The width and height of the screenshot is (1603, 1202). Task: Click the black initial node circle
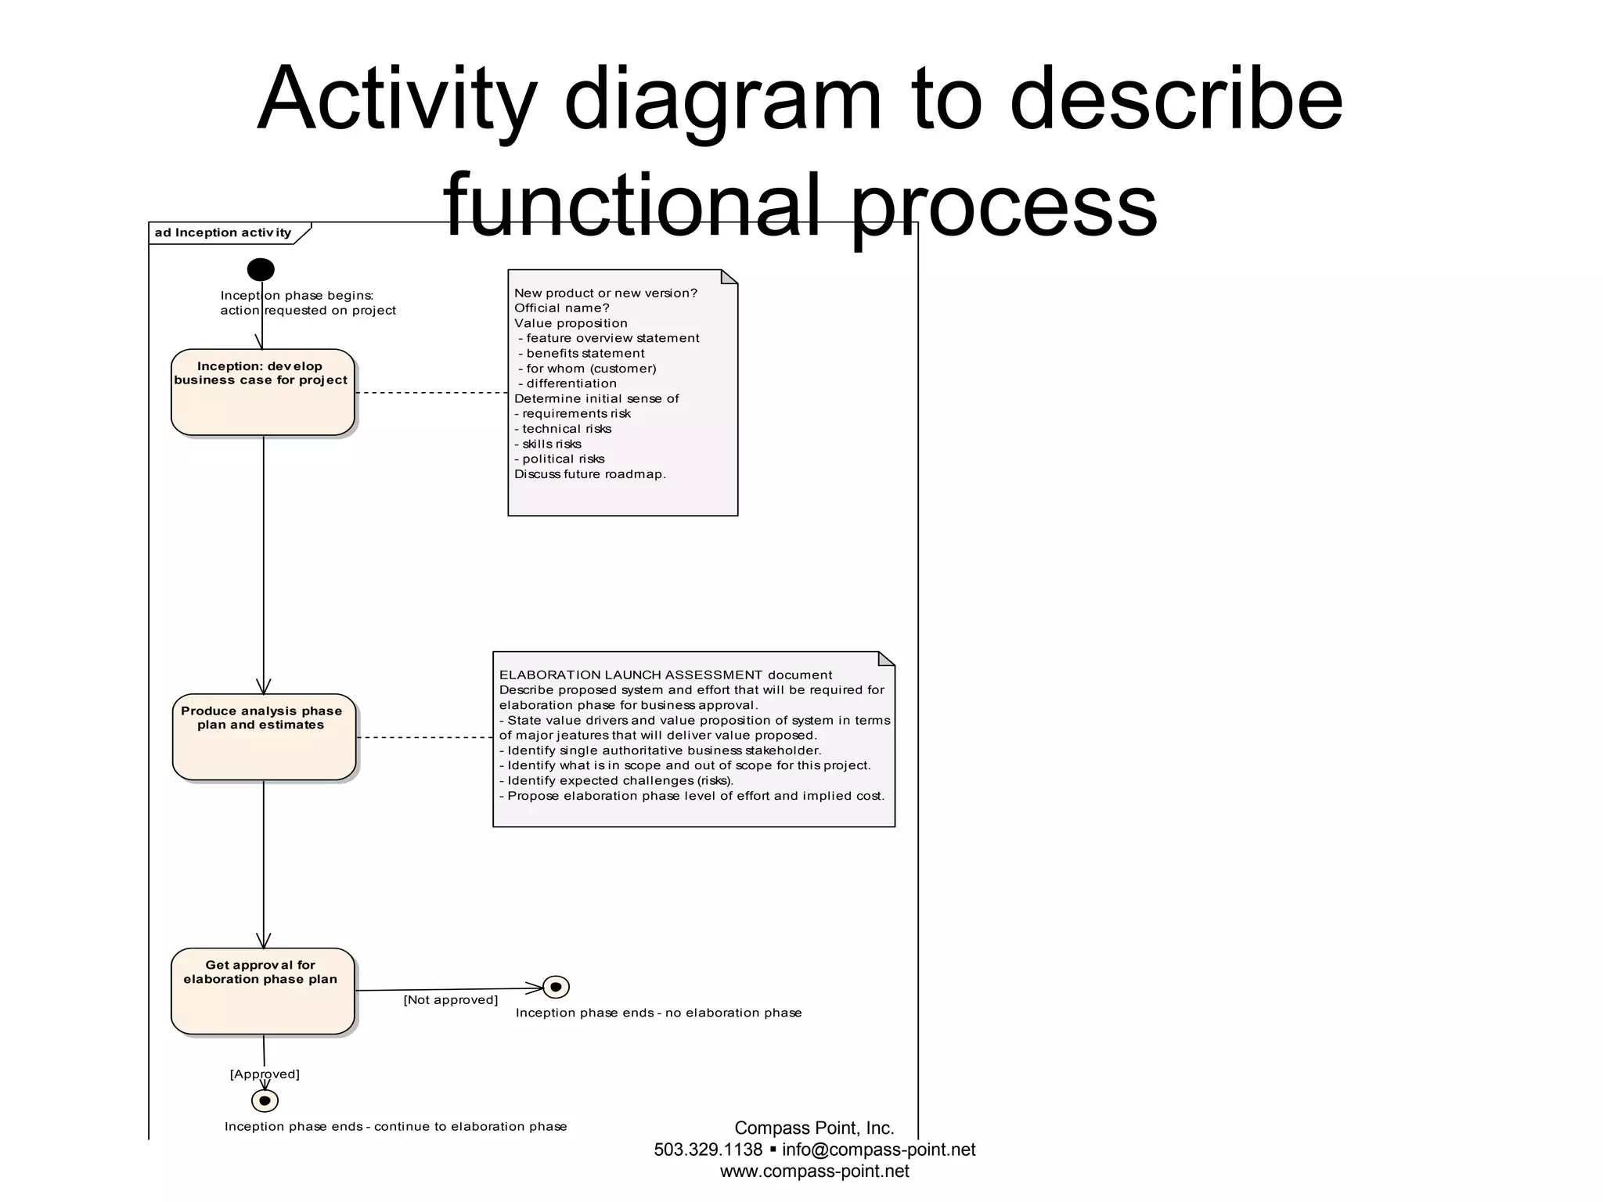tap(261, 270)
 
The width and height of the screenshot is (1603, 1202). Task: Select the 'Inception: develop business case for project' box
tap(262, 392)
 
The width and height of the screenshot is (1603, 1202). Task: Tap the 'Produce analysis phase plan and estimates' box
tap(264, 737)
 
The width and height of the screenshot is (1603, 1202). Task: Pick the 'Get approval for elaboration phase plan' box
tap(262, 991)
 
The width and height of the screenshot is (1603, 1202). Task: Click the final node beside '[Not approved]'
tap(556, 988)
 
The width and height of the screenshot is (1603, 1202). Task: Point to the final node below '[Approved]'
tap(265, 1101)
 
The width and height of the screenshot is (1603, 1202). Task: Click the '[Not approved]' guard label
tap(450, 1000)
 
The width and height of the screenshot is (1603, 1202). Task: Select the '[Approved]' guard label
tap(265, 1074)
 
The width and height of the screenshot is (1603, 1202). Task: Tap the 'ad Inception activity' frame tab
tap(223, 233)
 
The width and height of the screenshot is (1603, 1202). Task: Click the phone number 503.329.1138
tap(708, 1150)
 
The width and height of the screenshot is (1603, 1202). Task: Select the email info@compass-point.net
tap(878, 1150)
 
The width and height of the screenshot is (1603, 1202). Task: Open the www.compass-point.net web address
tap(814, 1171)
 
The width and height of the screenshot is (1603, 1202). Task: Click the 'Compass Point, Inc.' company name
tap(814, 1128)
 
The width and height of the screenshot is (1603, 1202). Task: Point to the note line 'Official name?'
tap(561, 308)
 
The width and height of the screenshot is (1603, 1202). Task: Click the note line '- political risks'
tap(560, 459)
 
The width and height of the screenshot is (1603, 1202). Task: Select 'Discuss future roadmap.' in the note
tap(589, 474)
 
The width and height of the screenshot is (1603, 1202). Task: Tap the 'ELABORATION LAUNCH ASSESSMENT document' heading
tap(665, 675)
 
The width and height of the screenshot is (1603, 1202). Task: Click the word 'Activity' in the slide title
tap(396, 100)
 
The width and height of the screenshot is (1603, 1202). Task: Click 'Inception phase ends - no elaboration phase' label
tap(658, 1013)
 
